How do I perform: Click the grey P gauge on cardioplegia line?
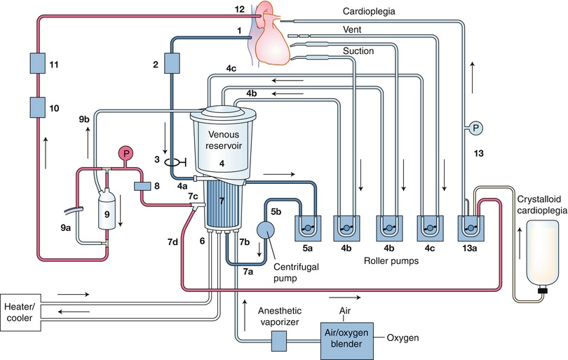point(475,128)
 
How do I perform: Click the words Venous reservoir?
point(221,140)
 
